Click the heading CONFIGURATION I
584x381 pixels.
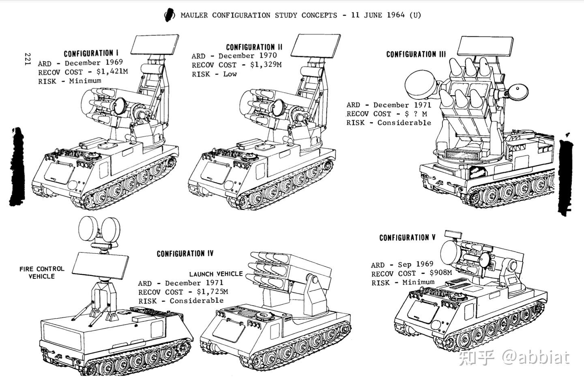91,54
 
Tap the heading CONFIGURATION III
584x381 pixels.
416,54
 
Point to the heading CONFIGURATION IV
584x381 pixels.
185,254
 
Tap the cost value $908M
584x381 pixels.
440,273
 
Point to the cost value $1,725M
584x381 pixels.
212,291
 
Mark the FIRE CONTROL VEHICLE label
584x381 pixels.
42,272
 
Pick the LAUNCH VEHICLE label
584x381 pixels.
216,274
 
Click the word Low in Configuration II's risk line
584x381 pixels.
230,74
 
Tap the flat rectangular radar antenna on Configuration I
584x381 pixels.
156,45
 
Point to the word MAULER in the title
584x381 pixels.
194,15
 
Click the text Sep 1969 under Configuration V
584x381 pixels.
415,264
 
